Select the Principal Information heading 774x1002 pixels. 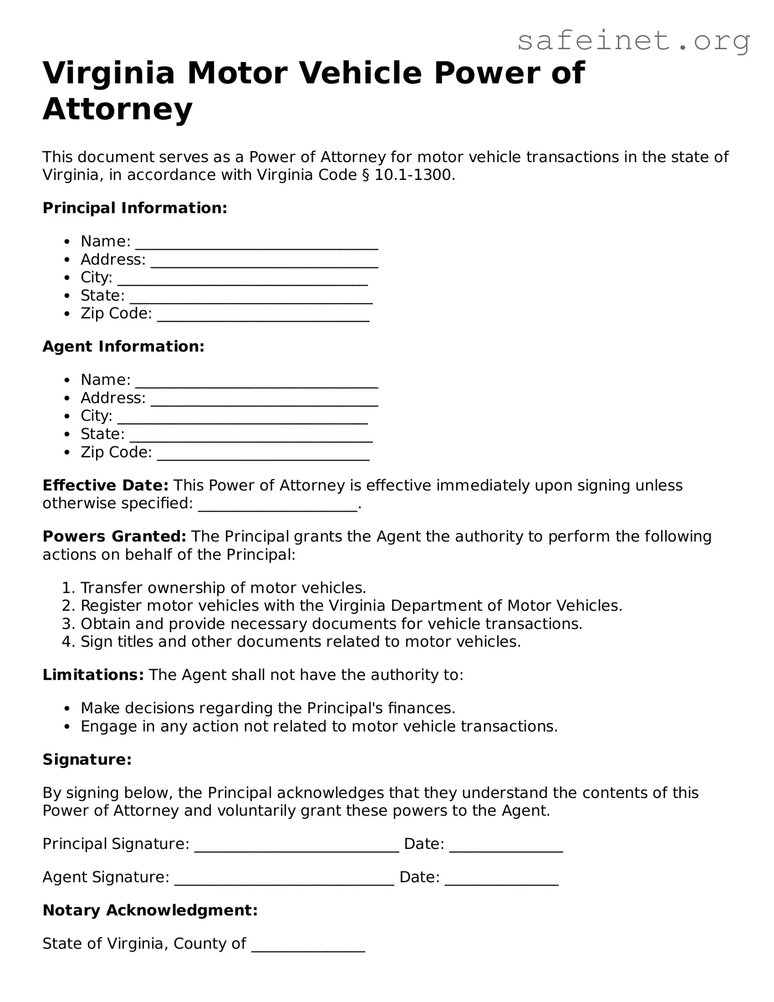click(x=135, y=208)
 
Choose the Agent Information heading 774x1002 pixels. click(x=123, y=346)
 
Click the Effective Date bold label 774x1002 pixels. click(x=105, y=485)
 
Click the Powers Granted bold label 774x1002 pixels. click(x=114, y=536)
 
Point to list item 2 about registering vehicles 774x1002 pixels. click(x=351, y=605)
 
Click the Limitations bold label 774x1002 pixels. click(x=93, y=675)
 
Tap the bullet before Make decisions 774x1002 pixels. click(x=67, y=709)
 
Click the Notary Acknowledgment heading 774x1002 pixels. click(x=150, y=910)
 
